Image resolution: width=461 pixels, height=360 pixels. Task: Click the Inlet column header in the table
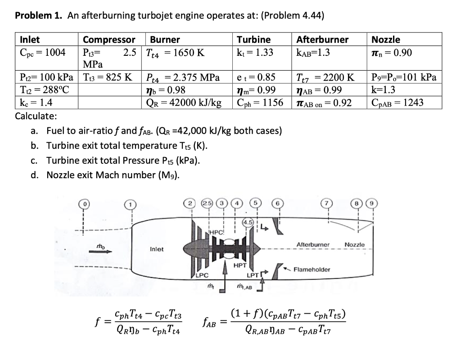(30, 40)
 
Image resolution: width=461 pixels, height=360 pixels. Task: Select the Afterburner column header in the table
(322, 40)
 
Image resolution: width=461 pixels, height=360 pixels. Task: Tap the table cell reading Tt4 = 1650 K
(175, 53)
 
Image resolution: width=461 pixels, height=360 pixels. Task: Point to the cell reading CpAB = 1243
(398, 103)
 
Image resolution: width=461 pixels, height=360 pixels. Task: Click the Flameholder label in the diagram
(312, 270)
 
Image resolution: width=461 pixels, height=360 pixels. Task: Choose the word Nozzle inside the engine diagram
(354, 244)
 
